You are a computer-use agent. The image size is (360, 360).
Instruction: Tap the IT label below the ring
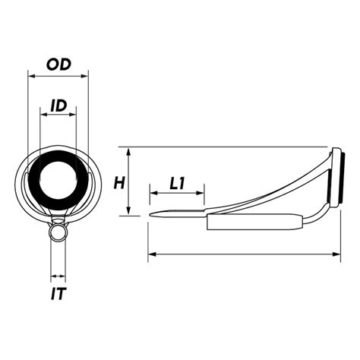pyautogui.click(x=58, y=292)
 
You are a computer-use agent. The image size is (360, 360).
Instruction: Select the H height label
pyautogui.click(x=118, y=182)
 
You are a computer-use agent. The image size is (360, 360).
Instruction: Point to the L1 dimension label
pyautogui.click(x=178, y=183)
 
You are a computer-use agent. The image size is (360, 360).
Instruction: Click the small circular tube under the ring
pyautogui.click(x=57, y=231)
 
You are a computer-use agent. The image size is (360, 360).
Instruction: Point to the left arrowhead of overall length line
pyautogui.click(x=149, y=254)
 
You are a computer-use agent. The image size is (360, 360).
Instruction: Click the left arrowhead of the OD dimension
pyautogui.click(x=30, y=74)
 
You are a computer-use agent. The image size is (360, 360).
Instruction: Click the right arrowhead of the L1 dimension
pyautogui.click(x=204, y=193)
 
